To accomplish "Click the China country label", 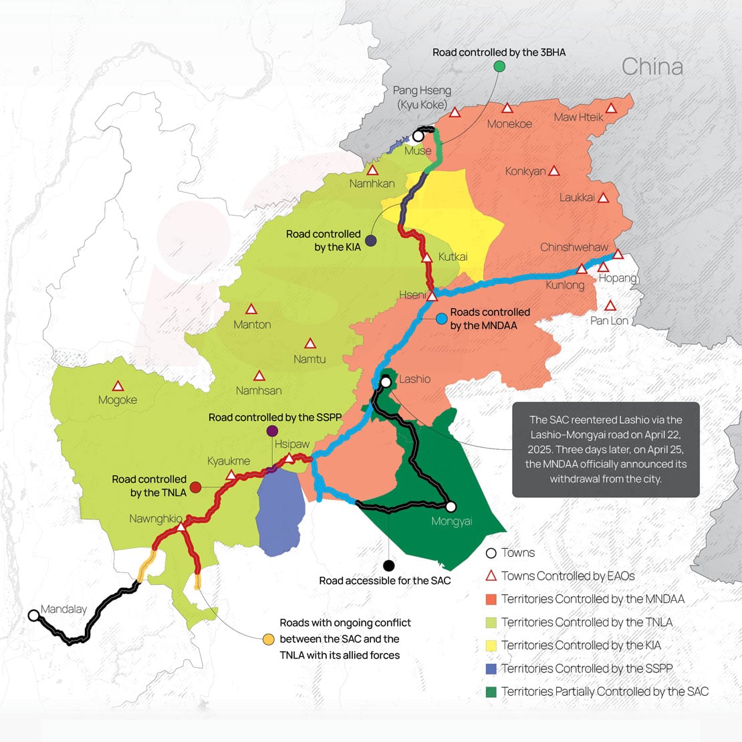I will (652, 67).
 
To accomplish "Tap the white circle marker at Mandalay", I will (33, 615).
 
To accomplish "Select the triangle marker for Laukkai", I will (603, 198).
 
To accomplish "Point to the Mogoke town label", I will (118, 400).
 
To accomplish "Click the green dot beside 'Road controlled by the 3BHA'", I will (499, 66).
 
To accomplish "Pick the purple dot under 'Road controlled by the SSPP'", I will (272, 430).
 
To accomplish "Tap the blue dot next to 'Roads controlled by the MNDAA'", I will (441, 319).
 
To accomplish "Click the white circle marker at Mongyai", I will (451, 507).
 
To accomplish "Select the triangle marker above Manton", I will (251, 310).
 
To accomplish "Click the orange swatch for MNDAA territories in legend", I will (491, 599).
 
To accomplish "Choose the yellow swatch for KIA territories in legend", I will (491, 645).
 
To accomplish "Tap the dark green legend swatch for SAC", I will (491, 692).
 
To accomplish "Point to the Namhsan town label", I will (259, 390).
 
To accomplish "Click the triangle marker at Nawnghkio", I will (181, 527).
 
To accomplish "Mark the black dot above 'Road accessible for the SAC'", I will (388, 566).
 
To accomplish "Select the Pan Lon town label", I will (609, 321).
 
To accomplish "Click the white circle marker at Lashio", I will (386, 382).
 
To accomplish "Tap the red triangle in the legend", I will (491, 576).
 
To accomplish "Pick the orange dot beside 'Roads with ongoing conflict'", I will (268, 639).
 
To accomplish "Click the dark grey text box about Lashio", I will (606, 449).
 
